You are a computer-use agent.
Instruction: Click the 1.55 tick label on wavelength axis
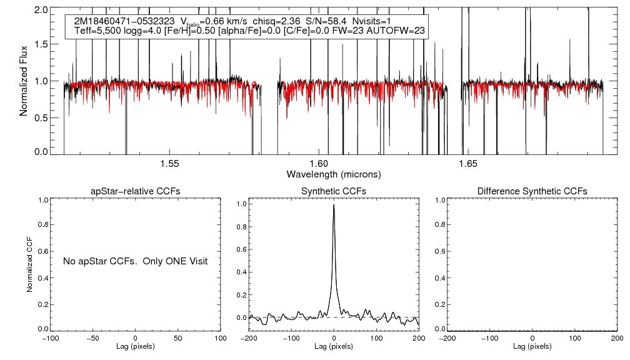point(170,164)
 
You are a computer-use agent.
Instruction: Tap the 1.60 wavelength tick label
point(319,164)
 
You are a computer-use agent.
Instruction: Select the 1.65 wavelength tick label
point(467,164)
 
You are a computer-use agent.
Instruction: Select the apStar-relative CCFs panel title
point(136,191)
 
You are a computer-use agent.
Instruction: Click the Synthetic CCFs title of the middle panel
point(334,191)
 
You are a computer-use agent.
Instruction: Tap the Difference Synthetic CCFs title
point(532,191)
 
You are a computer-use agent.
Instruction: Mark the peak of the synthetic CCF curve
point(334,204)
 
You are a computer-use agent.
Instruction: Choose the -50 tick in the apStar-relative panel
point(92,338)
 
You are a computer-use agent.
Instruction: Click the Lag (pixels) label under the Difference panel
point(532,346)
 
